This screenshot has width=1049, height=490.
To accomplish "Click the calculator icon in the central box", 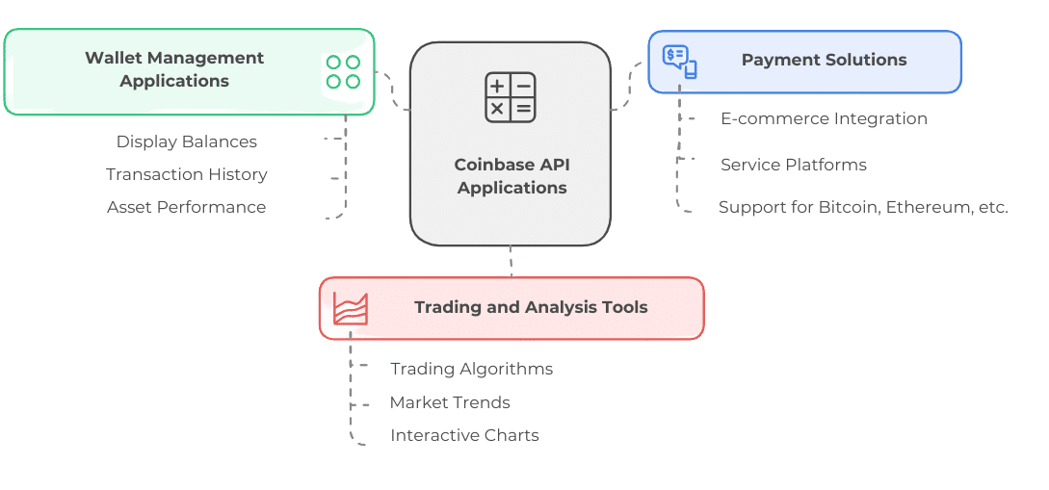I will pyautogui.click(x=510, y=97).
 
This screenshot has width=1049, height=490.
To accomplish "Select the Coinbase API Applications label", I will pyautogui.click(x=511, y=176).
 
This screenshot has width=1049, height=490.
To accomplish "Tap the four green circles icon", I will pyautogui.click(x=343, y=72).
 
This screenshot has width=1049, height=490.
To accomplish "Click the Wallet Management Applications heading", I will pyautogui.click(x=174, y=69).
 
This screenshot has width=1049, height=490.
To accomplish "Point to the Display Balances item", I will pyautogui.click(x=187, y=142).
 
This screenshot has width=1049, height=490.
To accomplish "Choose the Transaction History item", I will pyautogui.click(x=187, y=174).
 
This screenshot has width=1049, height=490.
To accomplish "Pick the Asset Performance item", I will pyautogui.click(x=187, y=207).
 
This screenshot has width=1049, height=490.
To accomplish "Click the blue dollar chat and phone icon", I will pyautogui.click(x=679, y=62).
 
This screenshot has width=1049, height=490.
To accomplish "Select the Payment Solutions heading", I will pyautogui.click(x=824, y=60).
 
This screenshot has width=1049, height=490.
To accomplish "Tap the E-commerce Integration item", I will pyautogui.click(x=824, y=118).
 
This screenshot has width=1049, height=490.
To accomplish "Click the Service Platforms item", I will pyautogui.click(x=794, y=165).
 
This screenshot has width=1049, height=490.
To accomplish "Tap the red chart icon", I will pyautogui.click(x=350, y=308).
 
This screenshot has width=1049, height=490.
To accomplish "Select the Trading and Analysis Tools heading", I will pyautogui.click(x=531, y=308).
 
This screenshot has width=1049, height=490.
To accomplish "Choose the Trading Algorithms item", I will pyautogui.click(x=471, y=369).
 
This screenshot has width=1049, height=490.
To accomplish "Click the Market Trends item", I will pyautogui.click(x=450, y=402).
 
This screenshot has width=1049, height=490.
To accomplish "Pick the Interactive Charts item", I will pyautogui.click(x=464, y=435).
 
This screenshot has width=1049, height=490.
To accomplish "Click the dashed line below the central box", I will pyautogui.click(x=511, y=262).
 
